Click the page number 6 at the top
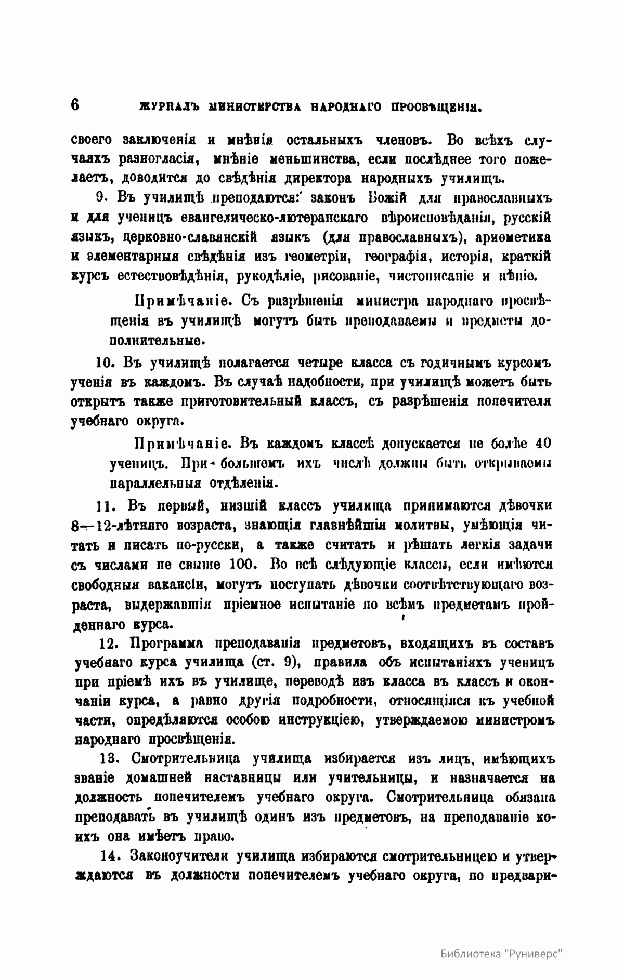click(x=74, y=105)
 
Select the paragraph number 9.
click(x=101, y=198)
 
